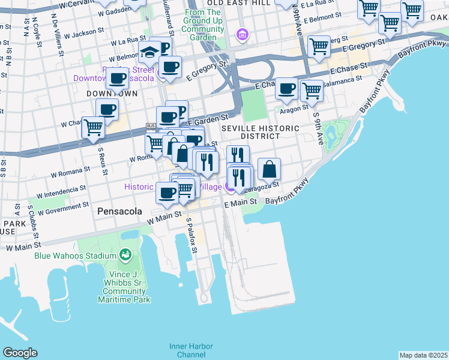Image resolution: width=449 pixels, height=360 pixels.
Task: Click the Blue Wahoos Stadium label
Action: coord(75,255)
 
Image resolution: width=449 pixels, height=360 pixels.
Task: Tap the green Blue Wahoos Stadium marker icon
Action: coord(125,256)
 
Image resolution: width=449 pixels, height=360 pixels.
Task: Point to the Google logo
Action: coord(20,353)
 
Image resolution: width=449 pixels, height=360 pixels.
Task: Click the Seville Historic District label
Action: coord(260,132)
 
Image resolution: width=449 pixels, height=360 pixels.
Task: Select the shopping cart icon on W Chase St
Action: coord(94,128)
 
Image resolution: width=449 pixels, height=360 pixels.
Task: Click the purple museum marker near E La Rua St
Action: coord(243,34)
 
